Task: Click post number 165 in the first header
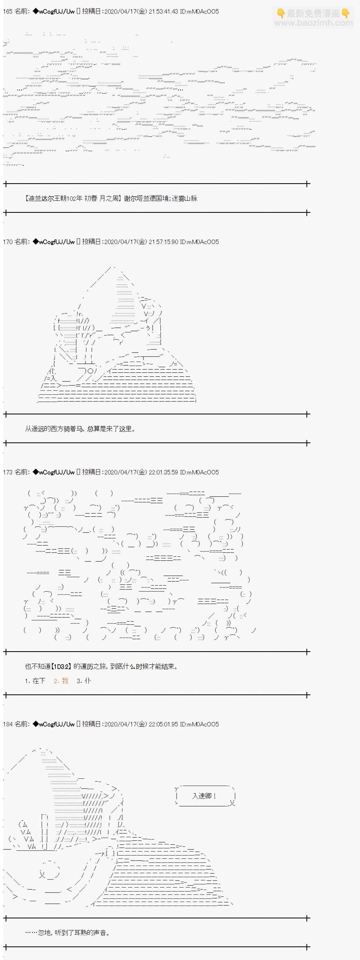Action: pyautogui.click(x=7, y=11)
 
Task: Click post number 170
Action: pyautogui.click(x=7, y=242)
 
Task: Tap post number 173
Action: pyautogui.click(x=7, y=472)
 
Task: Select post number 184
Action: pyautogui.click(x=7, y=724)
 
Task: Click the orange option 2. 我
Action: pyautogui.click(x=61, y=681)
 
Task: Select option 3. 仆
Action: pyautogui.click(x=84, y=681)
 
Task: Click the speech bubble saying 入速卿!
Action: pyautogui.click(x=204, y=796)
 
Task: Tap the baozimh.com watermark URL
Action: pyautogui.click(x=313, y=23)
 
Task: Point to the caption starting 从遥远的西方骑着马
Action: pyautogui.click(x=80, y=429)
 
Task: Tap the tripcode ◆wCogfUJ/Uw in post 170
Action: pyautogui.click(x=54, y=242)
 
